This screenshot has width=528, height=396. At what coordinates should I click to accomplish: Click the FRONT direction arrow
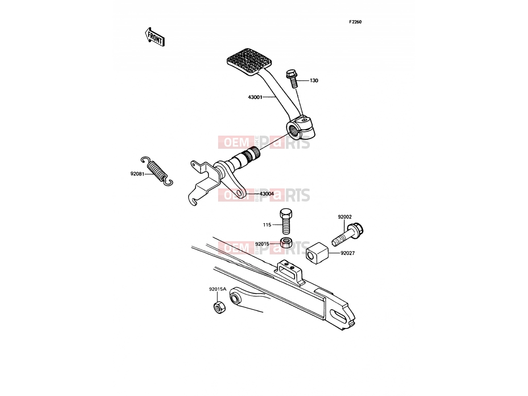point(155,37)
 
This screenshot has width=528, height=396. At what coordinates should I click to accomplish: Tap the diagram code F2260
point(355,22)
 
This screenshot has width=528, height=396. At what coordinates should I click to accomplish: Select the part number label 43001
point(255,97)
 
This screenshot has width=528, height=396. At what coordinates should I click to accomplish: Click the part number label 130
point(314,81)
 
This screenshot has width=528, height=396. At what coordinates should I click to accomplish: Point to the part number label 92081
point(137,174)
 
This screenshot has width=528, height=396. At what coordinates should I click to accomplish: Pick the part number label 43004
point(267,194)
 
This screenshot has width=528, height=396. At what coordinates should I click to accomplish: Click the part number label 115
point(267,225)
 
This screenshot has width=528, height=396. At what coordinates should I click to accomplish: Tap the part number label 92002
point(345,217)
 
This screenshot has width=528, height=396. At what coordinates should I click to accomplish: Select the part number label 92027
point(347,253)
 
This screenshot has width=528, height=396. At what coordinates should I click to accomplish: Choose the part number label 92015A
point(218,289)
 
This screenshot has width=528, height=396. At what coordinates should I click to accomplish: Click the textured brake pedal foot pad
point(249,60)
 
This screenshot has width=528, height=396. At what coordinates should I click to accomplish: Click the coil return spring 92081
point(157,171)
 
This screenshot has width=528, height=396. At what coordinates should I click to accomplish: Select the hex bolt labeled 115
point(286,221)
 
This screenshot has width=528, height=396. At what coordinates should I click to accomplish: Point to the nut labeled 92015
point(286,242)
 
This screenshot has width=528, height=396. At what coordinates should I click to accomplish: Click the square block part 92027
point(317,253)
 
